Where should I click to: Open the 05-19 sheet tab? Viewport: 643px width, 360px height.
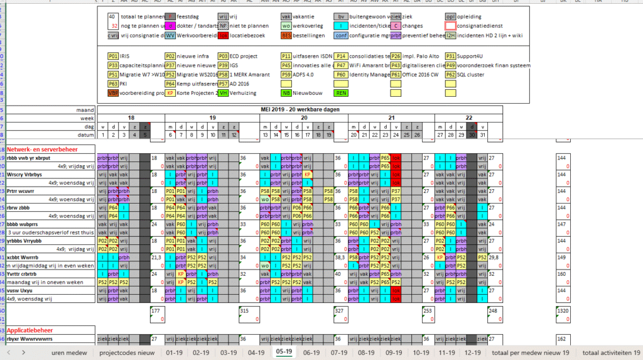pos(283,352)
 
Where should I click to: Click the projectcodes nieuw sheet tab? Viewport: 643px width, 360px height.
pos(127,352)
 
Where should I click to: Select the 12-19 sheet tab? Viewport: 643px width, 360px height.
pos(473,352)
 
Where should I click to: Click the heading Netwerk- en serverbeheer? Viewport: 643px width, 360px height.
pos(43,150)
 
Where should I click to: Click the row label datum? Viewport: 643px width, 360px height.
pos(85,134)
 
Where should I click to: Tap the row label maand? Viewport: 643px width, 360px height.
pos(85,109)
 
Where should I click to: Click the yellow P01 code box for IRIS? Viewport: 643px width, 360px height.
pos(113,56)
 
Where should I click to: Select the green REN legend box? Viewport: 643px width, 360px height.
pos(341,93)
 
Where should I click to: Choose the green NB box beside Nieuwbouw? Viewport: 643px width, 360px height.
pos(286,93)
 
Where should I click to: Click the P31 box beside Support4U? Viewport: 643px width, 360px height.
pos(451,56)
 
